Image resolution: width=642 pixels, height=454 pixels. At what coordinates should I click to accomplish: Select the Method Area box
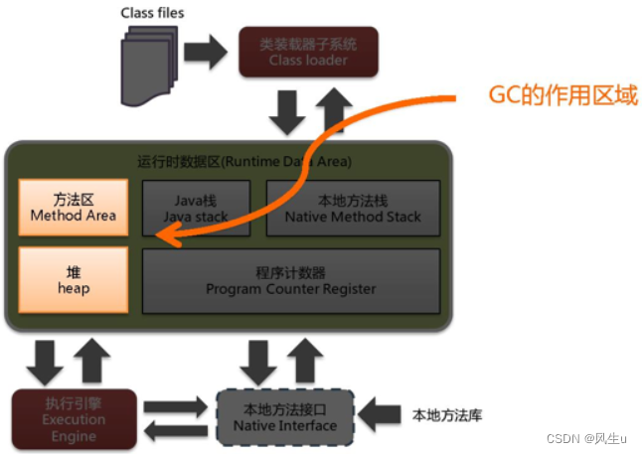tap(74, 207)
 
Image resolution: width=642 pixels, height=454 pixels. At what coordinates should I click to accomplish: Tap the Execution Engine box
tap(73, 418)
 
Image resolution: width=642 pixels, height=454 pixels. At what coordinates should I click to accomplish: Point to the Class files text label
tap(152, 13)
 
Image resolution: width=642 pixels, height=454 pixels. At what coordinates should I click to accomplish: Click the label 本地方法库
tap(446, 414)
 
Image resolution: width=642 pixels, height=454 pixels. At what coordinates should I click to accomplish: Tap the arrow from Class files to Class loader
tap(206, 53)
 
